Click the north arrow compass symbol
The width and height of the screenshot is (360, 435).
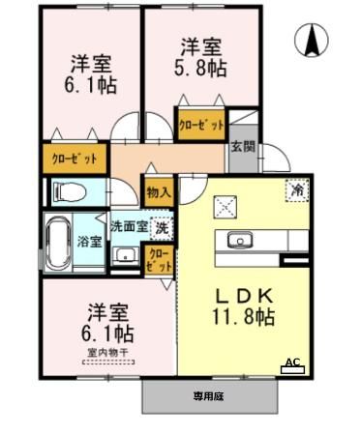(x=315, y=41)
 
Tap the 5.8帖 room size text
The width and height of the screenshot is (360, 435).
(x=200, y=70)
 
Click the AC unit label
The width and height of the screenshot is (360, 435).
(x=289, y=364)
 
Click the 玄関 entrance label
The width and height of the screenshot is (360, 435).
(x=242, y=148)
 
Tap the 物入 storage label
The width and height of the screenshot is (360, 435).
(x=158, y=191)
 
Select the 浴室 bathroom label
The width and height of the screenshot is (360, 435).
(x=89, y=241)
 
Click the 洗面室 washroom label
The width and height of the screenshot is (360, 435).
(x=128, y=228)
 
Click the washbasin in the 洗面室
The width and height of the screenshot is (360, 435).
(x=124, y=255)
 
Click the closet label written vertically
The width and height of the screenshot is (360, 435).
(x=158, y=258)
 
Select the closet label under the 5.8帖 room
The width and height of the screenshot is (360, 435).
(x=199, y=124)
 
